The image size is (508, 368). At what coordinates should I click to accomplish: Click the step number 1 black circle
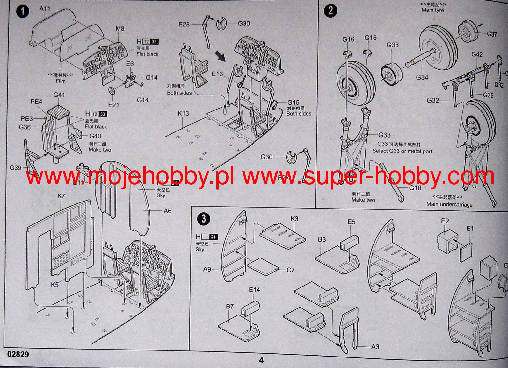click(23, 11)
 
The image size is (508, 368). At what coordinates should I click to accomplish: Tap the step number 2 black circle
click(330, 11)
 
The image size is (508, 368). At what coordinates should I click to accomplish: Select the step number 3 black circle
click(204, 219)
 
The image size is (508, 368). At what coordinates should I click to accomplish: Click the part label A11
click(45, 9)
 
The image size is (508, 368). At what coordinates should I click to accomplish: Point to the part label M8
click(120, 29)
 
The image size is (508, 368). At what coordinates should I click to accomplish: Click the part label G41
click(59, 95)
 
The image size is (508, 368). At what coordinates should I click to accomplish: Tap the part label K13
click(183, 113)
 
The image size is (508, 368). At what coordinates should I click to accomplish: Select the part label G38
click(393, 45)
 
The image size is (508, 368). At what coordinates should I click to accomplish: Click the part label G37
click(491, 34)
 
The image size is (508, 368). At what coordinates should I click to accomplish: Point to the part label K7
click(61, 196)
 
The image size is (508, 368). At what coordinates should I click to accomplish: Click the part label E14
click(254, 290)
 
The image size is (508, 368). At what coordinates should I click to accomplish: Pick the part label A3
click(375, 346)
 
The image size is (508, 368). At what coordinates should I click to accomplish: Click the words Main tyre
click(432, 10)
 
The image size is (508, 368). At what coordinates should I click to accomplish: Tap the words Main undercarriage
click(449, 204)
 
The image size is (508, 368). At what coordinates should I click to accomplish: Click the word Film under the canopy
click(61, 81)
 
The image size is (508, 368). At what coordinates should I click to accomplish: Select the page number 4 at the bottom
click(261, 360)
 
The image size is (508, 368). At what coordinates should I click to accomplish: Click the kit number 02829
click(18, 354)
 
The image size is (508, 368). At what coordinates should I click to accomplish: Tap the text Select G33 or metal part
click(402, 151)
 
